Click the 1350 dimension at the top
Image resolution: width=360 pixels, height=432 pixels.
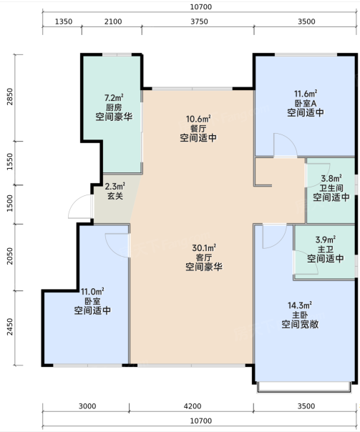[64, 21]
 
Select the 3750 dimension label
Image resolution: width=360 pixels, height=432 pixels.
[199, 21]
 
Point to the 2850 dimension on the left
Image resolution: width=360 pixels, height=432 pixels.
[9, 97]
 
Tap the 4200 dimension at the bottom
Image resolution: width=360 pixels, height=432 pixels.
[193, 406]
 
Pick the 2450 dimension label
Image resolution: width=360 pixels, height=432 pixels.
[9, 327]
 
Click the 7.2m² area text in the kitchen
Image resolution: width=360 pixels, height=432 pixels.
[114, 97]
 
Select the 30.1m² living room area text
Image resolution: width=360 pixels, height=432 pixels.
[204, 248]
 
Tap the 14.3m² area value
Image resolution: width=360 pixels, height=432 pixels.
[300, 305]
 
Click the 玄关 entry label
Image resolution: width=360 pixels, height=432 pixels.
[115, 196]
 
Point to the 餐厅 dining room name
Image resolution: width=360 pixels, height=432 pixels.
[198, 129]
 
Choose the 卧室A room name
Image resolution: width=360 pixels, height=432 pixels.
[306, 103]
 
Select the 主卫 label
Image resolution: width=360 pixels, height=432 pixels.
[326, 250]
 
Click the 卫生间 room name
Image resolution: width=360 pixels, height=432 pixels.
[331, 188]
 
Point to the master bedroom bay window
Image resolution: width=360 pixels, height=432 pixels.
[304, 387]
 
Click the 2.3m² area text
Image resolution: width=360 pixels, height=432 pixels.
[115, 187]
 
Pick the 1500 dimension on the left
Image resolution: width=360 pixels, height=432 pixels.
[9, 203]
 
